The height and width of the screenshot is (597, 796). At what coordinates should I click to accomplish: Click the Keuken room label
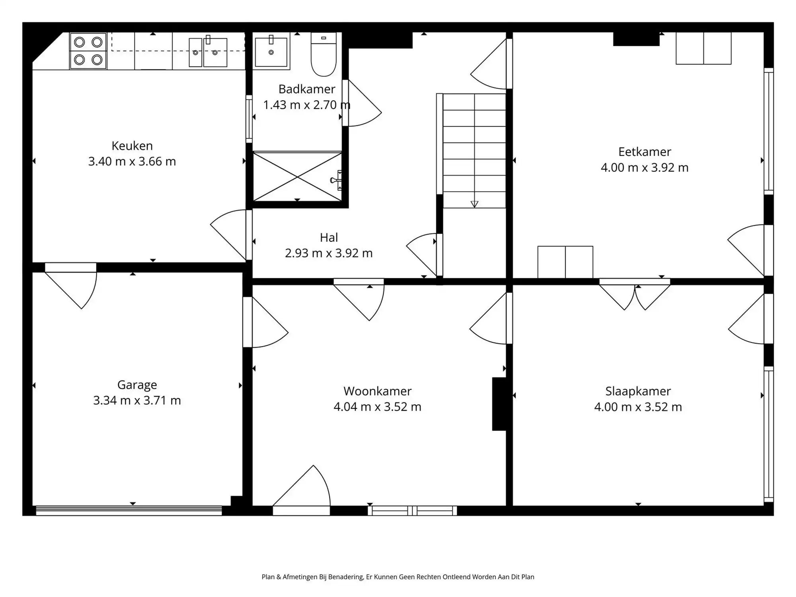(x=132, y=146)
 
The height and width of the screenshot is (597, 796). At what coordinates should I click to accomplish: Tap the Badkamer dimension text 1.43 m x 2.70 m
(x=306, y=105)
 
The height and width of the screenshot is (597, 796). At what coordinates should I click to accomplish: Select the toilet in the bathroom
(x=323, y=55)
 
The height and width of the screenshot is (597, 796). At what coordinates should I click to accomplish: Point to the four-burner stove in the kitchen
(x=88, y=51)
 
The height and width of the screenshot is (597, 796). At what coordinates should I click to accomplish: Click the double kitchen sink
(x=208, y=52)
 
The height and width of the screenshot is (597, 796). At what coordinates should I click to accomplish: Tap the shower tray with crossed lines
(x=297, y=176)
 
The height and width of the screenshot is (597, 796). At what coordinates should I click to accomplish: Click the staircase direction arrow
(x=474, y=204)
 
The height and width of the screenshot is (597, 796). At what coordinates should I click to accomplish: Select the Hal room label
(x=329, y=238)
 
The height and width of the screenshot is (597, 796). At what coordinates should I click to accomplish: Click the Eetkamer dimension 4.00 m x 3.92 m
(x=644, y=168)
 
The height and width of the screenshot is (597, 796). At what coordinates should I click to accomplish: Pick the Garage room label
(x=137, y=385)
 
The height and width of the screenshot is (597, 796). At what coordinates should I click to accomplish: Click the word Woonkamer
(x=377, y=391)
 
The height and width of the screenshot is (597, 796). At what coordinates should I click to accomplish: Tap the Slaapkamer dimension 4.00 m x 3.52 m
(x=638, y=407)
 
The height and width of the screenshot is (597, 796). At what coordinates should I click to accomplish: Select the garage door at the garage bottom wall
(x=129, y=511)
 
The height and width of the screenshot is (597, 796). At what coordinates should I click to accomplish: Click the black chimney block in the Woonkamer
(x=499, y=404)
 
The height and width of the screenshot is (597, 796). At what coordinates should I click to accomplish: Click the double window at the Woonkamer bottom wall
(x=412, y=511)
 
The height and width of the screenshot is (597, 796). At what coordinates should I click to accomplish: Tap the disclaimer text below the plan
(x=398, y=577)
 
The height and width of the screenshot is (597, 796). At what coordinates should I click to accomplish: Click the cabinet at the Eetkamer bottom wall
(x=565, y=262)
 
